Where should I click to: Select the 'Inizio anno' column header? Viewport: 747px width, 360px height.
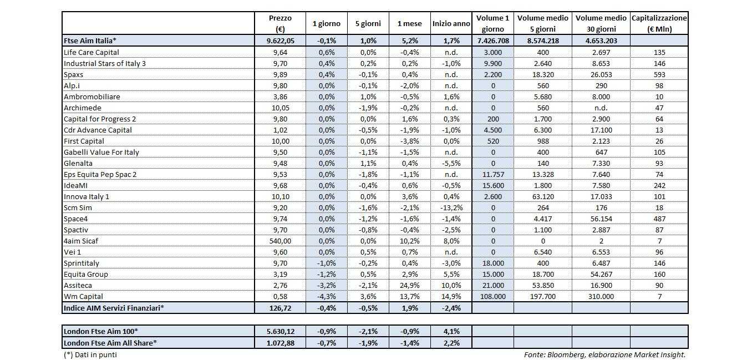click(x=453, y=24)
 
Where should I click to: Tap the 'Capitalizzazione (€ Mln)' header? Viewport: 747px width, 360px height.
click(x=659, y=24)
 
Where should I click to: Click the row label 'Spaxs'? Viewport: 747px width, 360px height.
click(x=74, y=74)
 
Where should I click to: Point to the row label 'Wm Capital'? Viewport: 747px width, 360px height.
click(x=83, y=296)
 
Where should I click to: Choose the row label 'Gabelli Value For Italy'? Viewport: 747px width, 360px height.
click(x=101, y=152)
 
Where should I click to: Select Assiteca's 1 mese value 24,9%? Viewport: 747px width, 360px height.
click(x=410, y=285)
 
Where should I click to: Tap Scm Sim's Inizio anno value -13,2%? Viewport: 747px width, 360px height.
click(x=453, y=207)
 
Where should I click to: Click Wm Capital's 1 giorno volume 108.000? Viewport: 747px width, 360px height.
click(x=492, y=296)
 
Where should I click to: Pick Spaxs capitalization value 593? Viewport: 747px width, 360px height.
click(x=659, y=74)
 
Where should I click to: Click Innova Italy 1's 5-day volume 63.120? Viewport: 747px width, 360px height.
click(x=542, y=196)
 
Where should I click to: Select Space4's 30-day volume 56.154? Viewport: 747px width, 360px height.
click(x=600, y=219)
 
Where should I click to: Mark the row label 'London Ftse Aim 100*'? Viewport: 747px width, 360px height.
click(x=100, y=331)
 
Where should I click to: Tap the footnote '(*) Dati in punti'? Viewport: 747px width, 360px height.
click(x=90, y=354)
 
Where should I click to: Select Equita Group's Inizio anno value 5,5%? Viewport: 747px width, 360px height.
click(x=453, y=274)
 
